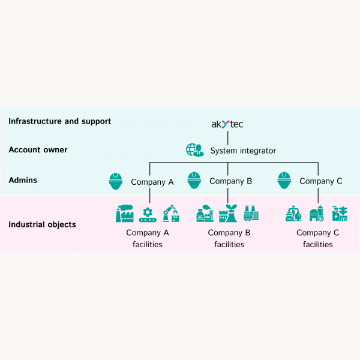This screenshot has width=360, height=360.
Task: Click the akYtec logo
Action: pos(227,124)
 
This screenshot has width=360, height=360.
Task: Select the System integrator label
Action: pos(243,151)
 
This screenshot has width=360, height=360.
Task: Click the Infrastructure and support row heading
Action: pos(59,121)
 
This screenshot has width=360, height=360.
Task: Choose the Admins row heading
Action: pos(23,179)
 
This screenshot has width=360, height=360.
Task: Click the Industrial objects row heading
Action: pos(42,224)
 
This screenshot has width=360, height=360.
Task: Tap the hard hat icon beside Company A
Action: pos(116,180)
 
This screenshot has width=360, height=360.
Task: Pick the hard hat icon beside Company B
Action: pos(194,180)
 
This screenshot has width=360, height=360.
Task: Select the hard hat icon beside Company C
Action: pos(284,180)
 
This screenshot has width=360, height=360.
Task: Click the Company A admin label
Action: pos(152,181)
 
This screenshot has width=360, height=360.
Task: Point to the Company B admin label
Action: pos(230,181)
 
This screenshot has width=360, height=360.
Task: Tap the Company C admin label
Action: pos(320,181)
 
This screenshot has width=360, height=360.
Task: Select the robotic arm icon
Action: pos(171,214)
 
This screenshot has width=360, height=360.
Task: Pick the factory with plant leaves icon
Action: pos(228,214)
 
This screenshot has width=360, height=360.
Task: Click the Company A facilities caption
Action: pos(148,238)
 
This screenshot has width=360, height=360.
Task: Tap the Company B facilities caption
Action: pos(229,238)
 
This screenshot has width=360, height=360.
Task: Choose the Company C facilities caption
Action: pos(318,238)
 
